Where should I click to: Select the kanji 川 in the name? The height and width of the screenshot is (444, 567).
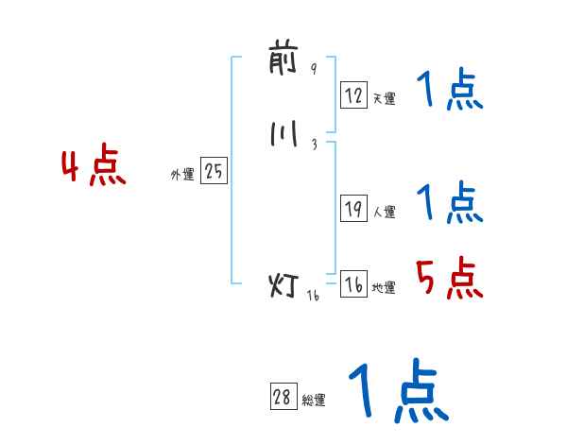point(283,135)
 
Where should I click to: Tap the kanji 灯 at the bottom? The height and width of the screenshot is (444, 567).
point(284,284)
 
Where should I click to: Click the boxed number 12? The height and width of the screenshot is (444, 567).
point(353,94)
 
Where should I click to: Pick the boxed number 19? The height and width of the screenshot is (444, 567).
point(353,210)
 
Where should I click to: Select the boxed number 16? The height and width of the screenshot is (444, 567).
point(353,285)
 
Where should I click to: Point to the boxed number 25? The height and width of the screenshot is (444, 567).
point(214,172)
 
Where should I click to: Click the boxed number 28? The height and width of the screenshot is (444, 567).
point(283,398)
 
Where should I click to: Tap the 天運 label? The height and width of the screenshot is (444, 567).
point(384,97)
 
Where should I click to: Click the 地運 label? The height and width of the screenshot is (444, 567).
point(384,288)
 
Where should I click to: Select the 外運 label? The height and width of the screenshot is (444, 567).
point(182,175)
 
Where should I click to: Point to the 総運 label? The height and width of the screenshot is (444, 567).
point(314,401)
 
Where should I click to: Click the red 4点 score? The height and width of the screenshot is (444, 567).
point(93,167)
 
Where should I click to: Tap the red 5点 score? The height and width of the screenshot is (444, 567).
point(449,279)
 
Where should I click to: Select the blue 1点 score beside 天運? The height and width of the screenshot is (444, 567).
point(450,91)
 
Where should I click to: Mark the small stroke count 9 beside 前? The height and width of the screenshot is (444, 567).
point(314,68)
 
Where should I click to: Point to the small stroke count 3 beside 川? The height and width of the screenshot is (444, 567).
point(314,144)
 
